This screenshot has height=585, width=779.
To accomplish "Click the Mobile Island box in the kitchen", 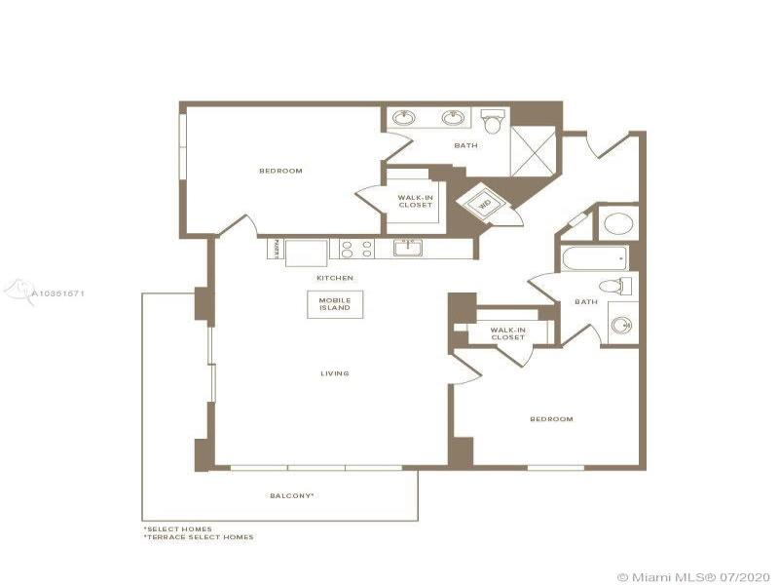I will pyautogui.click(x=328, y=303).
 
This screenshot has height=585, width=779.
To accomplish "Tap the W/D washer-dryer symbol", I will pyautogui.click(x=483, y=204).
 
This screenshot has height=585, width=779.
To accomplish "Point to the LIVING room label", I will pyautogui.click(x=336, y=373).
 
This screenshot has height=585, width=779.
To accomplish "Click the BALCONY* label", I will pyautogui.click(x=291, y=495).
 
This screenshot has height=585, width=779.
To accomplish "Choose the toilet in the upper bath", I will pyautogui.click(x=493, y=122).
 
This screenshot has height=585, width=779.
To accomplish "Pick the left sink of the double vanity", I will pyautogui.click(x=404, y=119).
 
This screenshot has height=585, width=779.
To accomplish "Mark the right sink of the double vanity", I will pyautogui.click(x=451, y=119).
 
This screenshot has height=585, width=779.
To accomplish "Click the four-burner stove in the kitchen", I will pyautogui.click(x=355, y=249).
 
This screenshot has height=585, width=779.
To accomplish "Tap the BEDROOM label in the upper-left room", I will pyautogui.click(x=280, y=171).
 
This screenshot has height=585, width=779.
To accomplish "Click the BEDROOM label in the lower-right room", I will pyautogui.click(x=551, y=419).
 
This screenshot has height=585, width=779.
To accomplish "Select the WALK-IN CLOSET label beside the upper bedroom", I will pyautogui.click(x=415, y=201).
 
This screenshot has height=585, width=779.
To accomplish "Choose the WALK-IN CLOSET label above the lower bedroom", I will pyautogui.click(x=508, y=334).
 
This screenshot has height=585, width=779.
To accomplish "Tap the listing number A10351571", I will pyautogui.click(x=57, y=292).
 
